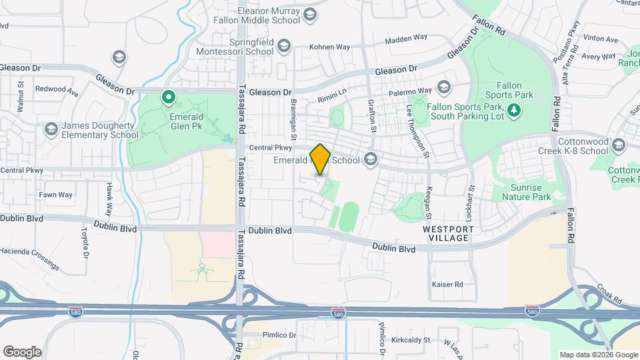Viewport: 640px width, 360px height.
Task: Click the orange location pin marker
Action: click(x=321, y=159)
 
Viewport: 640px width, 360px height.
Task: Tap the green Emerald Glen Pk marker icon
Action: click(x=169, y=99)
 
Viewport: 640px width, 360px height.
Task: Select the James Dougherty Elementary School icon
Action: click(x=51, y=129)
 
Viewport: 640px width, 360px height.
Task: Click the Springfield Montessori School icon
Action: click(x=284, y=46)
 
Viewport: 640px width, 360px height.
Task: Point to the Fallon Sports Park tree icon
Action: click(x=514, y=109)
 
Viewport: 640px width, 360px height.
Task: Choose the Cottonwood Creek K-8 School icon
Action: click(x=619, y=145)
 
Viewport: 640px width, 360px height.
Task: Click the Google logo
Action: click(x=22, y=351)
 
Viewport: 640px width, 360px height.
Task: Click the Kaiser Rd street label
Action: click(x=447, y=285)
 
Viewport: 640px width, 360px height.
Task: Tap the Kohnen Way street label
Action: click(x=329, y=47)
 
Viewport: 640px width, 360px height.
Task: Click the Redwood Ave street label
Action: click(x=57, y=89)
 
